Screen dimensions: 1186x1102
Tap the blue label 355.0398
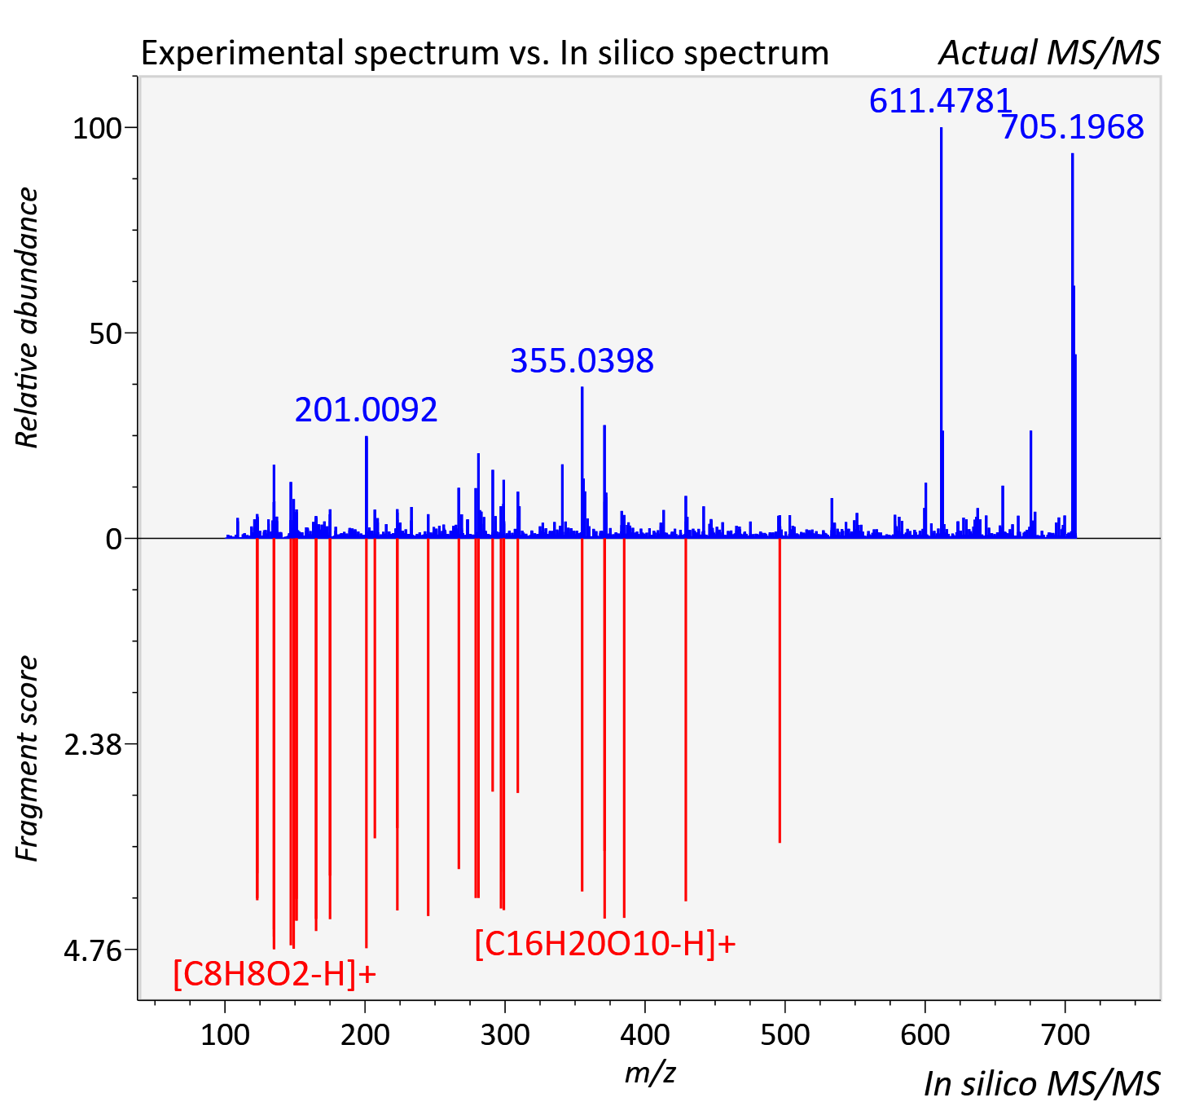582,361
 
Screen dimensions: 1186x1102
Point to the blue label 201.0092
366,410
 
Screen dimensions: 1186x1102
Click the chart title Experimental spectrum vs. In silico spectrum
485,53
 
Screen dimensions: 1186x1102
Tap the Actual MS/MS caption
1050,53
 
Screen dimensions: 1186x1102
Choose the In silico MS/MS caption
1042,1083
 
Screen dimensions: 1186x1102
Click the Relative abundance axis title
26,317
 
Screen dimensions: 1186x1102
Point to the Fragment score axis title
26,758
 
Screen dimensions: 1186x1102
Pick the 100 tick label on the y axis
97,128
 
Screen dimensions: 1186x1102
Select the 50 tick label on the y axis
105,333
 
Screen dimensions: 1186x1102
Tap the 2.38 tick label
93,745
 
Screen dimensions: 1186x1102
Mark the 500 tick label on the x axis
784,1035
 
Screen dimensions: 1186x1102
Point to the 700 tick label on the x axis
1065,1035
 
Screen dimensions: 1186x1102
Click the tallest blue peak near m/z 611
941,333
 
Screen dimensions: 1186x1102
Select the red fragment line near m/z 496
780,690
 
